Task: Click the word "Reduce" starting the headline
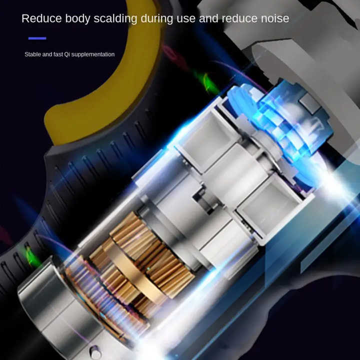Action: (41, 18)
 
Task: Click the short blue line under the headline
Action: (37, 38)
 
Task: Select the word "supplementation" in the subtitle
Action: (93, 54)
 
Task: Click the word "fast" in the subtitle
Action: (58, 54)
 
